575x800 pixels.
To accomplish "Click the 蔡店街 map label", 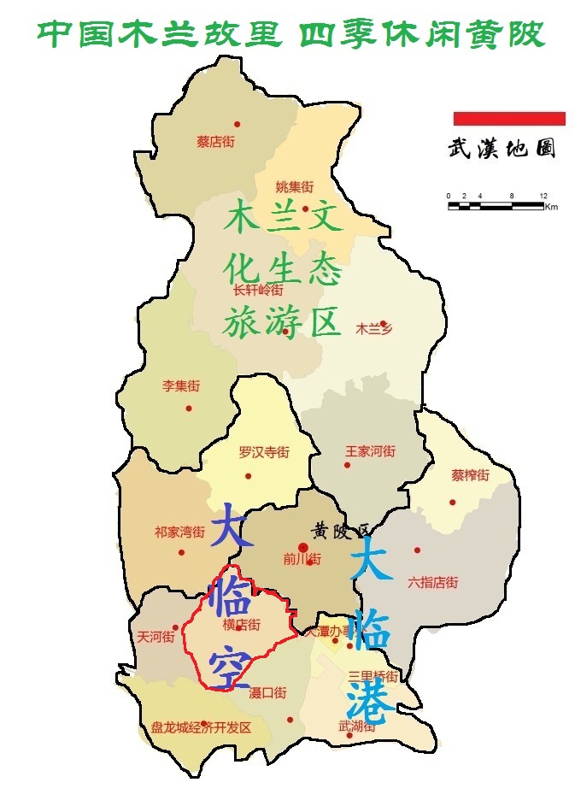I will tap(215, 142).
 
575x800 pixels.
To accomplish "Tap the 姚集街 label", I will tap(295, 186).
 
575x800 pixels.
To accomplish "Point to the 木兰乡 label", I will tap(373, 328).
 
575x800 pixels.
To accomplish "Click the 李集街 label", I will tap(181, 386).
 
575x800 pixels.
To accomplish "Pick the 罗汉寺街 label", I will tap(264, 452).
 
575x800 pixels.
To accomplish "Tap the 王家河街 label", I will tap(371, 450).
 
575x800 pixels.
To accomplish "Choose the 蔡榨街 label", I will tap(471, 475).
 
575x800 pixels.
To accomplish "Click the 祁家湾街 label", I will tap(179, 532).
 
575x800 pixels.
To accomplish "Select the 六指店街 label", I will tap(432, 583).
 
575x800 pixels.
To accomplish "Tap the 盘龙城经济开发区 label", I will tap(202, 727).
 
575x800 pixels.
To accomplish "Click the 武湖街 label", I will tap(357, 726).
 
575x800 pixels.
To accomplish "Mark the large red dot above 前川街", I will tap(302, 547).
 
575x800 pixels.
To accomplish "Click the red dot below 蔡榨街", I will tap(453, 502).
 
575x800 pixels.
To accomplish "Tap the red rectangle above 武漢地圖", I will tap(509, 118).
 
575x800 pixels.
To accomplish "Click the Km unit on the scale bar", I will tap(551, 208).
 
